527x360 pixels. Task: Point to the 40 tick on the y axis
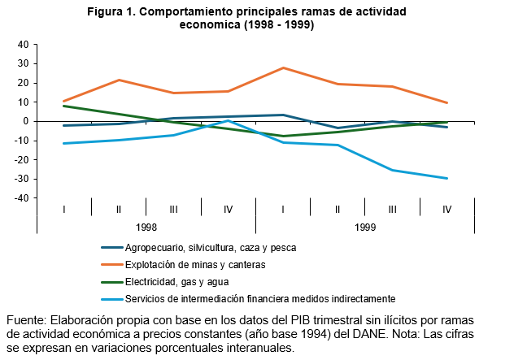coord(22,45)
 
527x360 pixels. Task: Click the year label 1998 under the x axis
coord(146,228)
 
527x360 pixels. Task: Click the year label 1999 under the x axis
coord(365,228)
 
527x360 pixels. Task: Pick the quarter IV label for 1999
coord(446,210)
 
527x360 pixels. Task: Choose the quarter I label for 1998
coord(63,210)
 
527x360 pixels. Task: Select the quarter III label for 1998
coord(173,210)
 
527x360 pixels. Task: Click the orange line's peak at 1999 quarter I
coord(283,67)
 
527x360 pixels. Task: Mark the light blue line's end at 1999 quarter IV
coord(447,179)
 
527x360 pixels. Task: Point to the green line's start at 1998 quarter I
coord(63,106)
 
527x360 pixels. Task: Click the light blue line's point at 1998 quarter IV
coord(229,120)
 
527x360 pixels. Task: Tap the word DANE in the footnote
coord(367,333)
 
